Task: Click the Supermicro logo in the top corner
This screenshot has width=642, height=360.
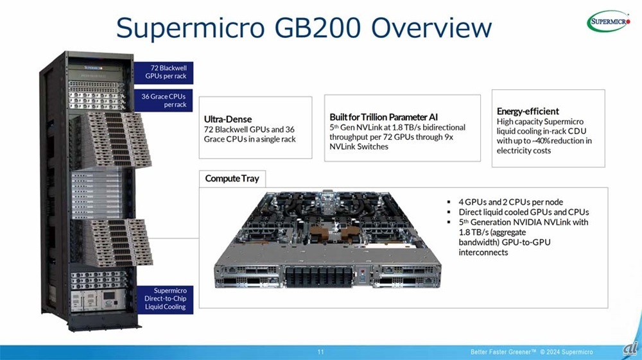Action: point(609,21)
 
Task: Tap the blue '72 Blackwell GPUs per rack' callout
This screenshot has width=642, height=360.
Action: point(164,71)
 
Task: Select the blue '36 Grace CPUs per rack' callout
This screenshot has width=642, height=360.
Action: point(164,100)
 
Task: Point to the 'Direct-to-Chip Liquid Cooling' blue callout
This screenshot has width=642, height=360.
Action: point(165,298)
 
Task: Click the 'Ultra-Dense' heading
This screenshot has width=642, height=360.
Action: point(228,119)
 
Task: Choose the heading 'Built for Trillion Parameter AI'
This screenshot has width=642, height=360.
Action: point(383,117)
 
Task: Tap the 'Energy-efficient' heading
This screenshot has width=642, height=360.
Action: point(528,111)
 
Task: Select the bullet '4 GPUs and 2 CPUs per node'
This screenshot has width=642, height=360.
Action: point(510,202)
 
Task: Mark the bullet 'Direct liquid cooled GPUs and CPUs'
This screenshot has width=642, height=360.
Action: point(523,212)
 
